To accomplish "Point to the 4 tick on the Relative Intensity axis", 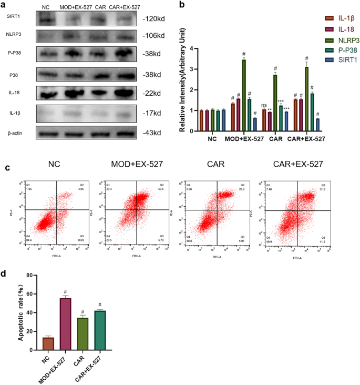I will pos(193,48).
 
